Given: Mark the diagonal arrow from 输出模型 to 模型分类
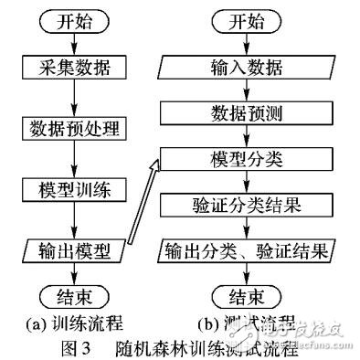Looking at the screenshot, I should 142,206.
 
